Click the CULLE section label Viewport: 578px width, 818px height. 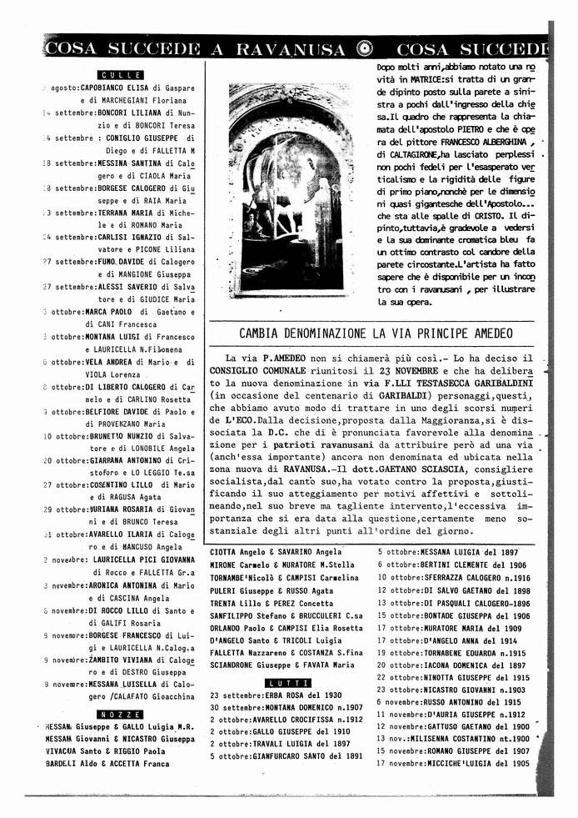point(120,75)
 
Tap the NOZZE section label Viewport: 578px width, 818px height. point(120,715)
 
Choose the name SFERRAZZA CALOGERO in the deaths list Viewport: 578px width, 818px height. point(456,577)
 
